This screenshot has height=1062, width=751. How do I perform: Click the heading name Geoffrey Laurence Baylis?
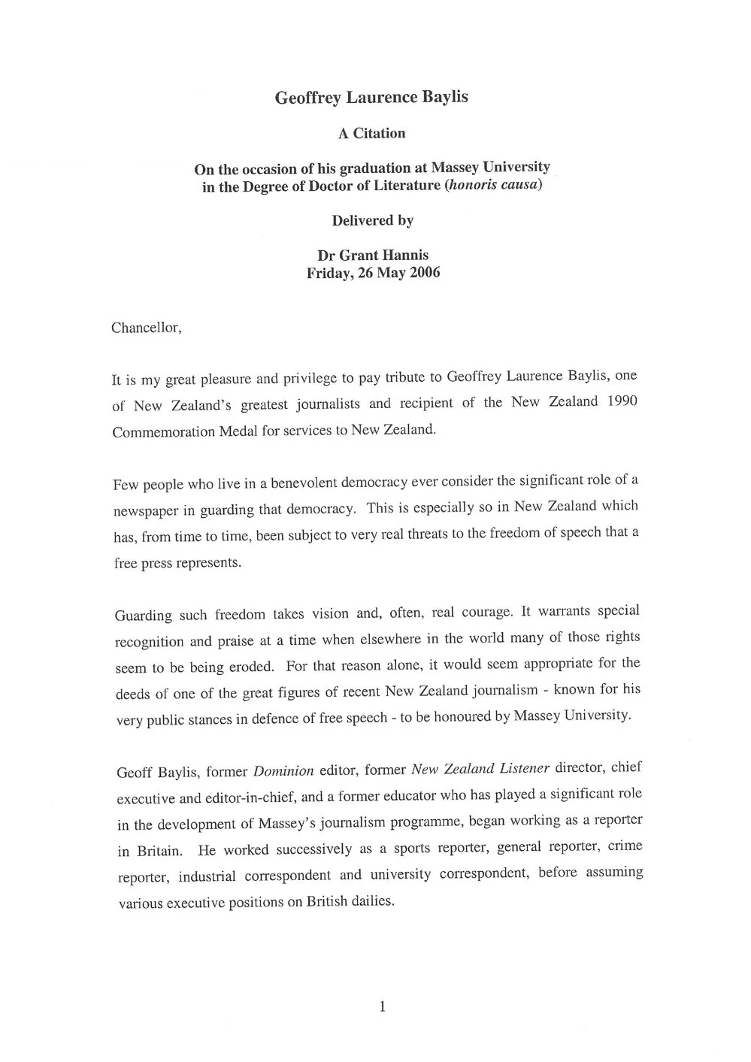pyautogui.click(x=371, y=98)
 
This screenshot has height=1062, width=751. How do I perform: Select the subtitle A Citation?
pyautogui.click(x=371, y=134)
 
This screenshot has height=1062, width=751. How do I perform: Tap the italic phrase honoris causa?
pyautogui.click(x=492, y=185)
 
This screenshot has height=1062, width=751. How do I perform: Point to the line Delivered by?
pyautogui.click(x=372, y=220)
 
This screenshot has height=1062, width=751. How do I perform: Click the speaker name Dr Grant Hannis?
pyautogui.click(x=373, y=256)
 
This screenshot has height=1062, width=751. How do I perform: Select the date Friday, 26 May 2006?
pyautogui.click(x=373, y=273)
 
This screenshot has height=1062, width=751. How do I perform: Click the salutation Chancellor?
pyautogui.click(x=147, y=328)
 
